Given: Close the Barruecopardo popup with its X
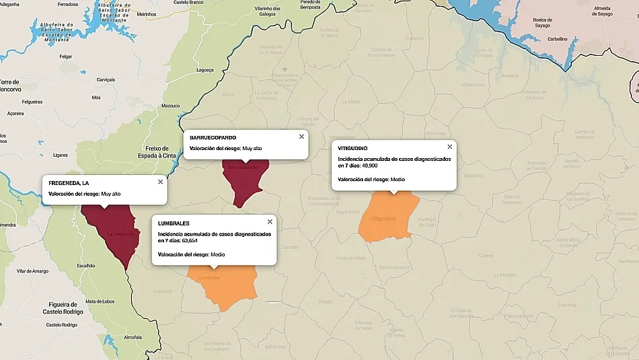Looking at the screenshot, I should pos(301,137).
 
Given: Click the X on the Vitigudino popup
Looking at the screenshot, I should pos(450,147).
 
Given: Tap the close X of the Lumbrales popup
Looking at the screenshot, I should pos(270,221).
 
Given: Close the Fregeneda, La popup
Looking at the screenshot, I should pos(160,182).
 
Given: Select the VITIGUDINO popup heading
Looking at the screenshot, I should pos(353,148).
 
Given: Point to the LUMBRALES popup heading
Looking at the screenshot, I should pos(174,223).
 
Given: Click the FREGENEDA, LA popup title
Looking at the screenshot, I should pos(69,183).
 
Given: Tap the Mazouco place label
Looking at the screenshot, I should pos(171,106).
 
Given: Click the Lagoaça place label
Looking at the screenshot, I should pos(205,69).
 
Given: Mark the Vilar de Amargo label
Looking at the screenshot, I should pos(33,271).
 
